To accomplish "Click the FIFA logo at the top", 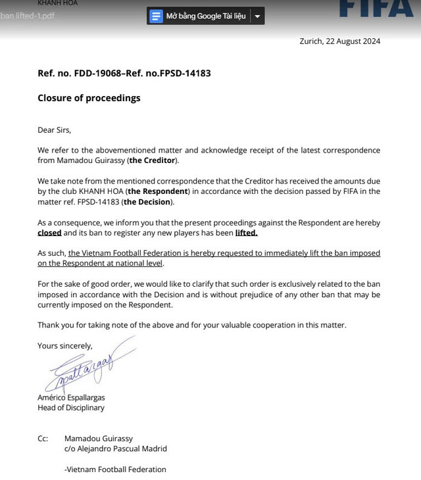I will pos(376,8).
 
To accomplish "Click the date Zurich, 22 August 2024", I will pos(339,41).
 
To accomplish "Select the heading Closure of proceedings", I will pos(89,98).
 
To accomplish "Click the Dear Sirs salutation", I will pos(55,130).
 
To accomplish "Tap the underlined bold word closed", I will pos(49,233).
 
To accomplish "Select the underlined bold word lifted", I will pos(246,233).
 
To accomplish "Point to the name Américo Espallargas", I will pos(71,397).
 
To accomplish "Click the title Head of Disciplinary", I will pos(71,408).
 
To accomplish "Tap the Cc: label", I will pos(43,438).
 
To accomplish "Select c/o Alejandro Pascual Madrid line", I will pos(116,448).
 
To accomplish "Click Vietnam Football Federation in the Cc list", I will pos(116,469).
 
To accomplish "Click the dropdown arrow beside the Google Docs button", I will pos(257,16).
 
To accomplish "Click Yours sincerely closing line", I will pos(65,345).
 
